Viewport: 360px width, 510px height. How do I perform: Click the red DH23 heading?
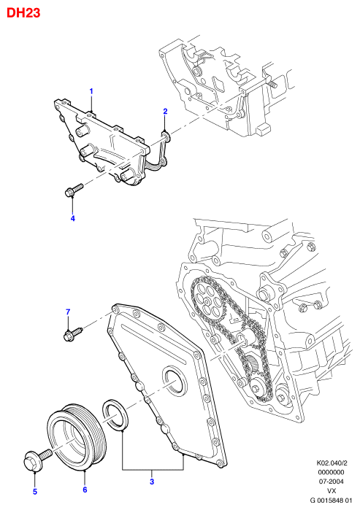pos(23,12)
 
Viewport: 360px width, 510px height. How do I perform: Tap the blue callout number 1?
pos(91,91)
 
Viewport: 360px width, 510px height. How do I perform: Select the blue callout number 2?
pos(165,111)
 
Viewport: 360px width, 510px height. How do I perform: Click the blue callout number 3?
pos(152,482)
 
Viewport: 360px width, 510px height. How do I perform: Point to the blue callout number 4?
pos(73,218)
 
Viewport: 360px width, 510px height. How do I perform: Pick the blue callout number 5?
pos(35,492)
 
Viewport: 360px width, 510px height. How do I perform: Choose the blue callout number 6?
pos(85,490)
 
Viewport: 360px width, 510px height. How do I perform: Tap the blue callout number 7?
pos(68,312)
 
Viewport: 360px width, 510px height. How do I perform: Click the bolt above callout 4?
pos(74,190)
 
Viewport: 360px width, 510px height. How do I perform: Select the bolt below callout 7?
pos(73,335)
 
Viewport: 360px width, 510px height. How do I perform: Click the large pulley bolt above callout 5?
pos(37,457)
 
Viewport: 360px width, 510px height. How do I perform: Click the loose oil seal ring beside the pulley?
pos(115,414)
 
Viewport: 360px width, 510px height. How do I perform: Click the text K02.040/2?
pos(330,463)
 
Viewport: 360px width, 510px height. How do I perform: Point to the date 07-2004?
pos(331,482)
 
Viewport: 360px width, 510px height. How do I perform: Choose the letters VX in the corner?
pos(332,491)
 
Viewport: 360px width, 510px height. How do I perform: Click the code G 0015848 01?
pos(332,501)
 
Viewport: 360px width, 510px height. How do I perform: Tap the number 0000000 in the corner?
pos(331,472)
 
